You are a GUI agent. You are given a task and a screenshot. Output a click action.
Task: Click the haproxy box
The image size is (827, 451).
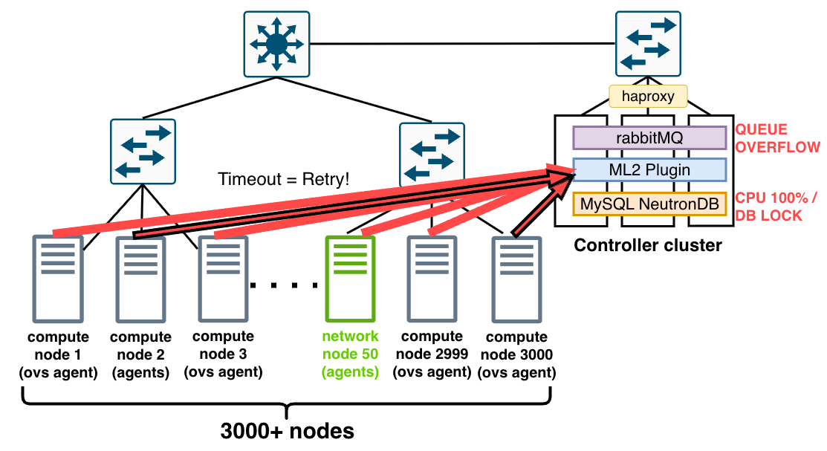point(648,96)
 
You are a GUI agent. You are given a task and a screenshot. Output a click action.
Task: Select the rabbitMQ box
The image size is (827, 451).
point(649,138)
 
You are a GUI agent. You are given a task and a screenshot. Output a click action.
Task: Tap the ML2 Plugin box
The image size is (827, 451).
point(649,170)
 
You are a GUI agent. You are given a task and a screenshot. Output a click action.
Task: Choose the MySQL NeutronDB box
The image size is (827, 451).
point(649,204)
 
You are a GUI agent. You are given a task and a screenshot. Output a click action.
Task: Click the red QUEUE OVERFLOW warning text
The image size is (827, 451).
point(777,138)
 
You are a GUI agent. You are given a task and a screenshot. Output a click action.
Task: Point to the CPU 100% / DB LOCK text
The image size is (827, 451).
point(776,207)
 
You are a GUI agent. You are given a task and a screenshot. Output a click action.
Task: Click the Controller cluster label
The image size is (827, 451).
point(648,245)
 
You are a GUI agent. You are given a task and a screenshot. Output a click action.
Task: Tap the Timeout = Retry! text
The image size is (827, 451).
point(284,179)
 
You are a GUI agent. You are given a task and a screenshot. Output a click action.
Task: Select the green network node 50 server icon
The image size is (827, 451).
point(350,279)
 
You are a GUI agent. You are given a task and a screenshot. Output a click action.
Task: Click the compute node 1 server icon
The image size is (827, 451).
point(58,279)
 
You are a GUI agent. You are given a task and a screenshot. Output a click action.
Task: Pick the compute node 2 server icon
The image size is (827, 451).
point(141,279)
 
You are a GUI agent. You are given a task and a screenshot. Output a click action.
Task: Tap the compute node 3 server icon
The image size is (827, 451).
point(223,279)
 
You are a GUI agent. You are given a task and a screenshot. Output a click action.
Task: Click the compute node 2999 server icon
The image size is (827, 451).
point(432,279)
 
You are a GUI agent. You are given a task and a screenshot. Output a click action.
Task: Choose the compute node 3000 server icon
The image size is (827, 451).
point(517,279)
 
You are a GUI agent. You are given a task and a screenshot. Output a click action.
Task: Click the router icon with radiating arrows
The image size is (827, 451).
point(276,45)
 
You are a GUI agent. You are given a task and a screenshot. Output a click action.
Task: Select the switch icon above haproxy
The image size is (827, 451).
point(648,44)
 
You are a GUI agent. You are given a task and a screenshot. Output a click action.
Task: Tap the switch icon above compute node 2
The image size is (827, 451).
point(143,152)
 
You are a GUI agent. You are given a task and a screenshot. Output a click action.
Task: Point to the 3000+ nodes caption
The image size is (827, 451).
point(288,431)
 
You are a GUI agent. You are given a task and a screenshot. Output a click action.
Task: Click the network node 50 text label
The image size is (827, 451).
point(350,354)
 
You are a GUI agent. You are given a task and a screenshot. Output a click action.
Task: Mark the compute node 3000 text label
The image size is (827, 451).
point(517,354)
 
